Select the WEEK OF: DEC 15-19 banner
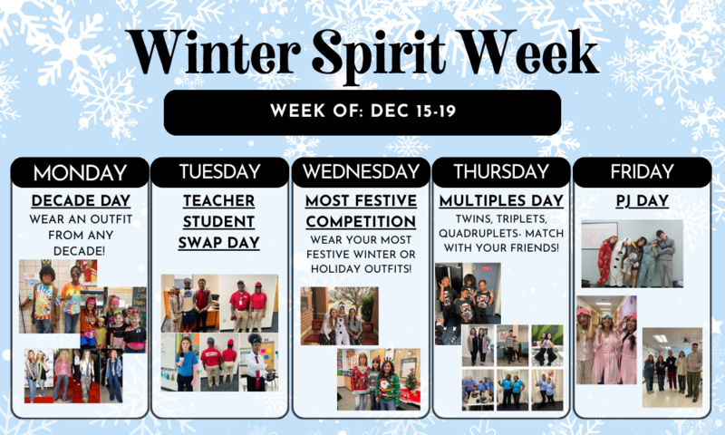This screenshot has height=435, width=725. tap(362, 112)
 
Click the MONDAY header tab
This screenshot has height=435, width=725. tap(80, 172)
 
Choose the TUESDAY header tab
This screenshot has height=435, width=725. tap(220, 172)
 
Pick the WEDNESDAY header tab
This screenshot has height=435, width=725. tap(362, 172)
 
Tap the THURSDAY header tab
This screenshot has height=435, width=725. tap(501, 172)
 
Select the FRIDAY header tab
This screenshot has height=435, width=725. tap(642, 172)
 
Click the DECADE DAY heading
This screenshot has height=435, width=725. tap(80, 200)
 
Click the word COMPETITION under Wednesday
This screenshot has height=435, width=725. tap(361, 221)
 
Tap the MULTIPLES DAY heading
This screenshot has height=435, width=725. tap(501, 200)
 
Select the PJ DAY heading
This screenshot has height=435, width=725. tap(642, 200)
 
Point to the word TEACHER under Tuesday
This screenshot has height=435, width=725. tap(220, 200)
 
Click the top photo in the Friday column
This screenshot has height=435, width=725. tap(631, 254)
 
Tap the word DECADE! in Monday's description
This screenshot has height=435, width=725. tap(80, 250)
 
